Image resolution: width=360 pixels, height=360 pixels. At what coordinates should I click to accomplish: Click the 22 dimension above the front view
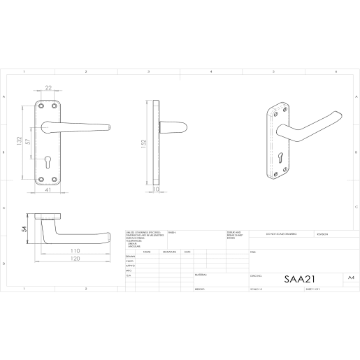click(48, 87)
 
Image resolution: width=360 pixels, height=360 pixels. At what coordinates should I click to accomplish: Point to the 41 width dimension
click(48, 190)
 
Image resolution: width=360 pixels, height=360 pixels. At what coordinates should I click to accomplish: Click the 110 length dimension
click(75, 250)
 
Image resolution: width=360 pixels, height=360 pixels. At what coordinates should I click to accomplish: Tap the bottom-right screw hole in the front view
click(57, 180)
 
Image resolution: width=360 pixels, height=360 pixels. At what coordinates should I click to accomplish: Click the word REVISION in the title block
click(326, 234)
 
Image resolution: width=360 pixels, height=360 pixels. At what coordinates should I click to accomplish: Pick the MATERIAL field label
click(201, 275)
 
